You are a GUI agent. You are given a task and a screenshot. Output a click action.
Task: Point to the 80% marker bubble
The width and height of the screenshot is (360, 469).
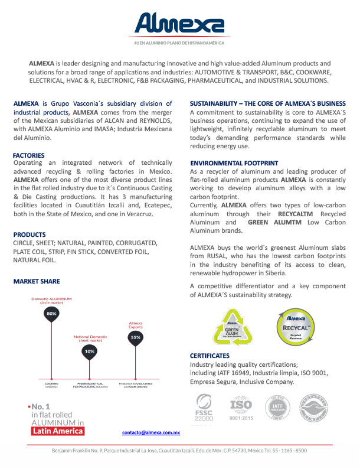(51, 314)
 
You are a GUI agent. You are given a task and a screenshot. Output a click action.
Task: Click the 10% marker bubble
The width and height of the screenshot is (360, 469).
(89, 351)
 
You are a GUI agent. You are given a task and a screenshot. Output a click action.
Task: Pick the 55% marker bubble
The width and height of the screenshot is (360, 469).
(135, 337)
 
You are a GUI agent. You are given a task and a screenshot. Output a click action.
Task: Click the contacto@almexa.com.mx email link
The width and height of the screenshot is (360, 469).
(150, 433)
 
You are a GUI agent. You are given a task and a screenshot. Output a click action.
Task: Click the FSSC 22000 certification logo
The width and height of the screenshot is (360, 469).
(204, 406)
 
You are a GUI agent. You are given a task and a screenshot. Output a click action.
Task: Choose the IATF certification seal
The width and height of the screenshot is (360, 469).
(277, 406)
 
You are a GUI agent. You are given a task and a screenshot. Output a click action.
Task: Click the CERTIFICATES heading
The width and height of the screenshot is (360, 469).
(210, 356)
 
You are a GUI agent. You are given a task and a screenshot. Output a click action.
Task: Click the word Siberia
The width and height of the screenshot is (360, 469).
(272, 273)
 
